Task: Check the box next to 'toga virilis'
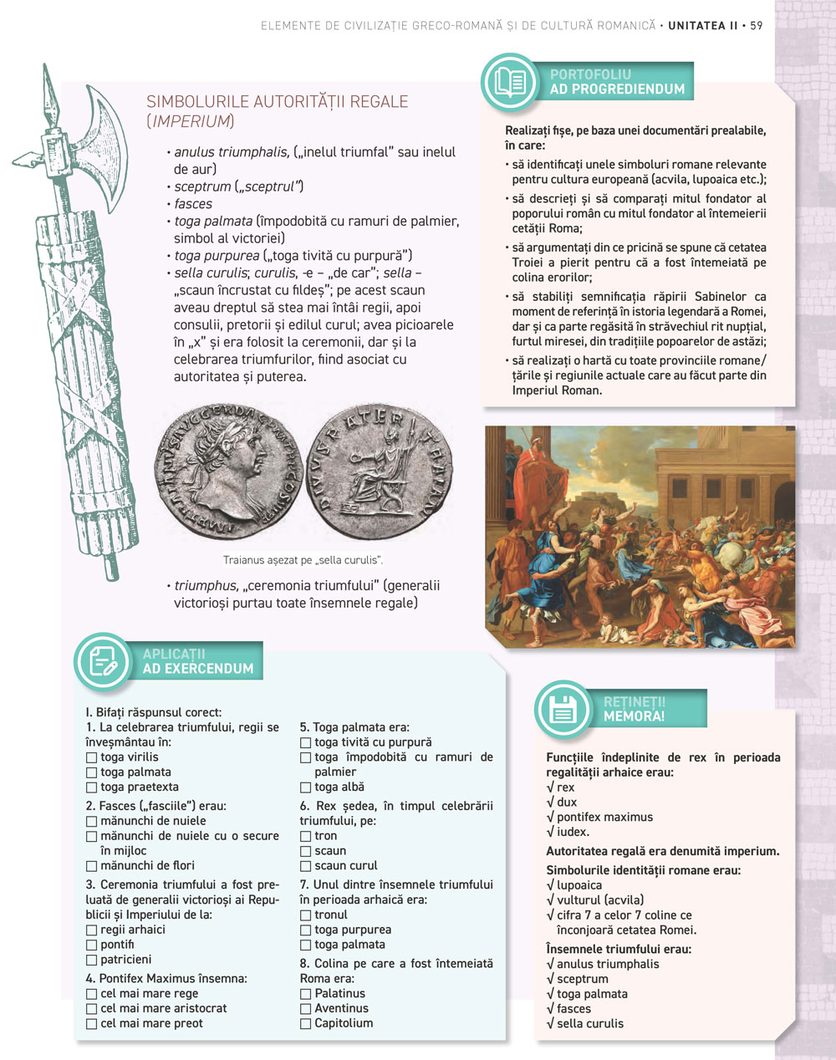point(91,757)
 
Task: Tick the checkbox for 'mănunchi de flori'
point(91,866)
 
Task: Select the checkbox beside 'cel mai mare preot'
point(91,1024)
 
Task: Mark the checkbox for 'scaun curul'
point(305,866)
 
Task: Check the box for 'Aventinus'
point(305,1009)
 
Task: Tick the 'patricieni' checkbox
point(91,961)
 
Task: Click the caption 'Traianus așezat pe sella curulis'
point(303,560)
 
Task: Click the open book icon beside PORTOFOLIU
point(510,82)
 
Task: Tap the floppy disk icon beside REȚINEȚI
point(563,710)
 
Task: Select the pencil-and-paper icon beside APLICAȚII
point(103,662)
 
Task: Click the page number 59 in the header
point(756,26)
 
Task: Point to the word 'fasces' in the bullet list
point(193,204)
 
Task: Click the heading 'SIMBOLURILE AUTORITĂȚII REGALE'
point(277,102)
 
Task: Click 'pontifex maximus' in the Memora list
point(604,818)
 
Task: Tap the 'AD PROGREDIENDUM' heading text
point(617,89)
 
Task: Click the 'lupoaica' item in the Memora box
point(579,885)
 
